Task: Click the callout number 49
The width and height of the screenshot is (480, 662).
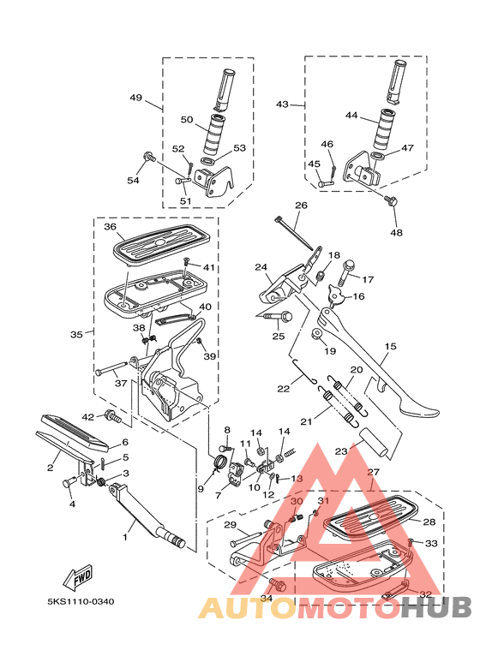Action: [135, 98]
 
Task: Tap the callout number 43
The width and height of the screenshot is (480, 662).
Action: [283, 104]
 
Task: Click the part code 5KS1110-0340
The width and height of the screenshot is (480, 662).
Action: [81, 601]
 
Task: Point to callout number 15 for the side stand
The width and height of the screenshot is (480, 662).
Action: [390, 347]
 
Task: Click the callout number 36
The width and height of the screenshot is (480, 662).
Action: [110, 227]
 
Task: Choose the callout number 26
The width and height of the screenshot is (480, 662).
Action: [301, 206]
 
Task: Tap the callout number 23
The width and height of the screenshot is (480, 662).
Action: [341, 450]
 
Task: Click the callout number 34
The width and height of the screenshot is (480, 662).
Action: [266, 598]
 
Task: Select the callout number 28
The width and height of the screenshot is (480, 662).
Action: [429, 522]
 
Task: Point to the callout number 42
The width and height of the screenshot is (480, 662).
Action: [87, 417]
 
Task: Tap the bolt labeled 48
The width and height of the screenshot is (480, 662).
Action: [393, 201]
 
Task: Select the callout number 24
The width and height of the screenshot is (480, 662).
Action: [261, 267]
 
